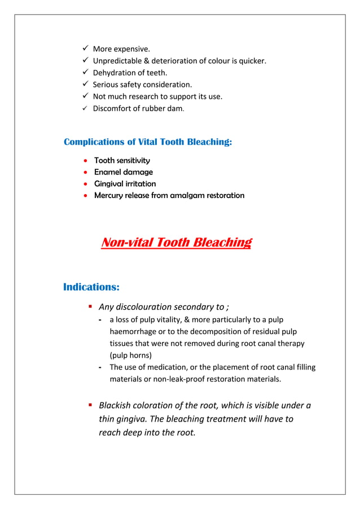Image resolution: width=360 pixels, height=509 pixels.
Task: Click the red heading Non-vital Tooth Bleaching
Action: (x=175, y=243)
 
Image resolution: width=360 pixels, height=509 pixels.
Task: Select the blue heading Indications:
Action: (x=91, y=287)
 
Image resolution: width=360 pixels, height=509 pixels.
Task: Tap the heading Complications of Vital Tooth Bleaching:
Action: (x=148, y=142)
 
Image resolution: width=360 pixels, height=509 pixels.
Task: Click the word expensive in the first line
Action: (x=134, y=49)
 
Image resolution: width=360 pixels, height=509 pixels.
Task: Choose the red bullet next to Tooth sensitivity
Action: (x=85, y=161)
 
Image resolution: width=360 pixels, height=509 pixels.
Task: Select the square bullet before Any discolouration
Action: (x=90, y=307)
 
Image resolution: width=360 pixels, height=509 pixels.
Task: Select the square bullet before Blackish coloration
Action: (x=90, y=405)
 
